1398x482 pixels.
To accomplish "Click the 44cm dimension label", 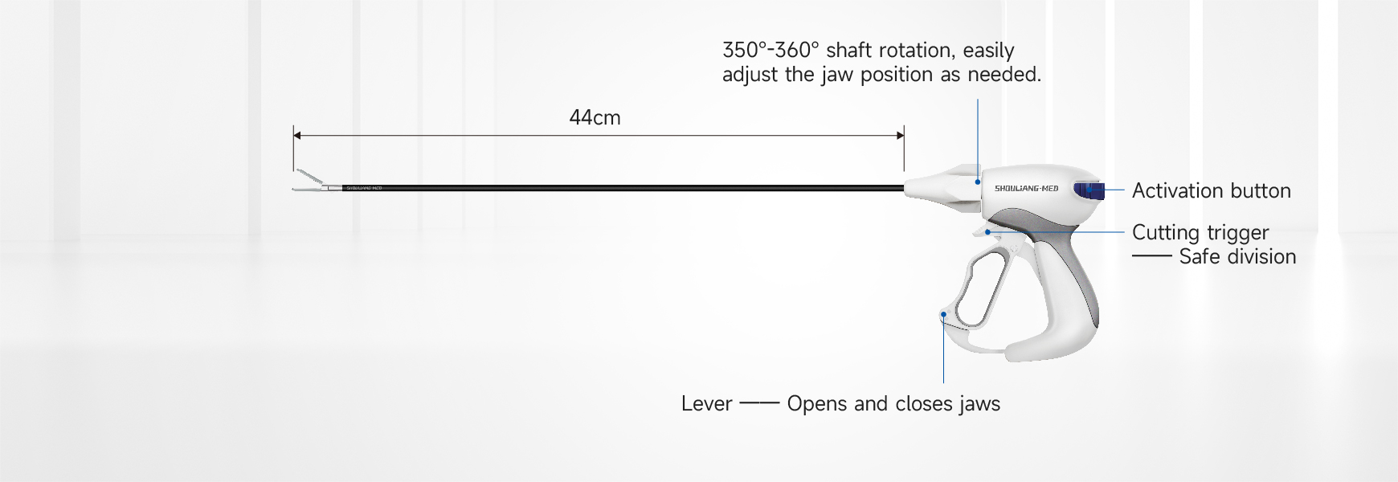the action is point(595,117).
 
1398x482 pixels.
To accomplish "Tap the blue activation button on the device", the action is point(1089,190).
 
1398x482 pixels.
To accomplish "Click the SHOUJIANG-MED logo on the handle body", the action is point(1027,189).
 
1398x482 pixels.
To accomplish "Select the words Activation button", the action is point(1212,190).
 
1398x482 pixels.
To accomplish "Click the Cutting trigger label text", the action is point(1200,233).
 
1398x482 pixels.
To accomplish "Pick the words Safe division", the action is point(1237,256).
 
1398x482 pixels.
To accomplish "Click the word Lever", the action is point(706,403).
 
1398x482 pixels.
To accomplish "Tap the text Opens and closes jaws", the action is point(893,403).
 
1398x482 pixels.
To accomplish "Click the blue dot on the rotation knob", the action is point(978,182).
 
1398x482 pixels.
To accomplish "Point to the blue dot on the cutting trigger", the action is point(987,232).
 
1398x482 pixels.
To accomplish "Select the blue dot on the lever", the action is point(943,315).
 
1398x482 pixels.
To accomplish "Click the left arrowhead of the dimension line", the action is point(296,136).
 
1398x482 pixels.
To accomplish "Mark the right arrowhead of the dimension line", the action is point(901,136).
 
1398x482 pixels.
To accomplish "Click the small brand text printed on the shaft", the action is point(364,188).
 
